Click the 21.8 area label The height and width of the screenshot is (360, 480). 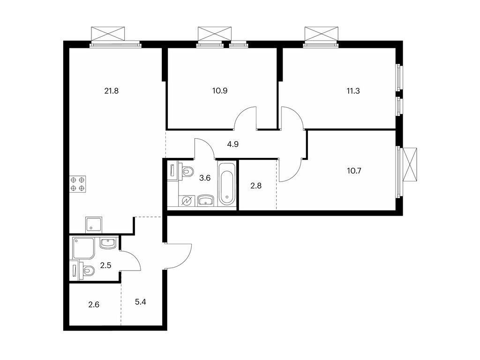(x=112, y=91)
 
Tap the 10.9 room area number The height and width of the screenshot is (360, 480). (x=220, y=91)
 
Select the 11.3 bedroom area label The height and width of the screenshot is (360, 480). (x=353, y=91)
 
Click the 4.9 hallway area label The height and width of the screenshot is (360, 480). (x=233, y=144)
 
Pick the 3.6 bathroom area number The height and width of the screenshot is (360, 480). (x=205, y=178)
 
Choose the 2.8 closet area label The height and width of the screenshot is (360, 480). (x=256, y=186)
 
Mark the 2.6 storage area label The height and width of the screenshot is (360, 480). (x=94, y=305)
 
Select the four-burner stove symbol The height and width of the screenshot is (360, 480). (x=78, y=184)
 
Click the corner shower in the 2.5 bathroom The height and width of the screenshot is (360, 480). (x=84, y=247)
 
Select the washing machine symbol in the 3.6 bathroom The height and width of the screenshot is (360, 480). (x=187, y=201)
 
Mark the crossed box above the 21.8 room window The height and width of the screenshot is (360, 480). (x=108, y=34)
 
